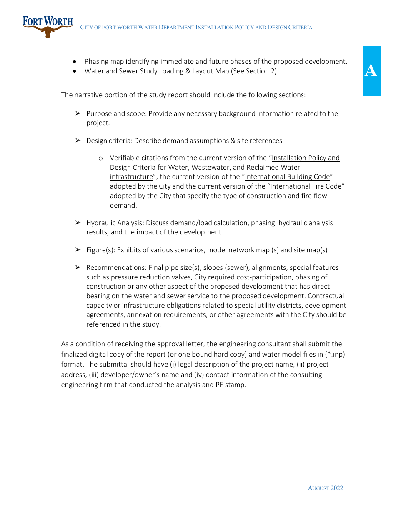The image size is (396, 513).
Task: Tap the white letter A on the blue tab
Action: click(371, 71)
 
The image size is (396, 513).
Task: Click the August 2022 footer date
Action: click(325, 488)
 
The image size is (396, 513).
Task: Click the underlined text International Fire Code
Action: click(306, 186)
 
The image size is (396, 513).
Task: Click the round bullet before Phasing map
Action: click(75, 62)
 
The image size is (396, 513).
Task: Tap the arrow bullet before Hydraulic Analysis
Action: click(78, 223)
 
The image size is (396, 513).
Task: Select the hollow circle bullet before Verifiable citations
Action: click(100, 158)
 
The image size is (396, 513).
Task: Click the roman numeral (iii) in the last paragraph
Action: click(94, 375)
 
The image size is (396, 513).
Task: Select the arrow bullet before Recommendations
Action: click(78, 268)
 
